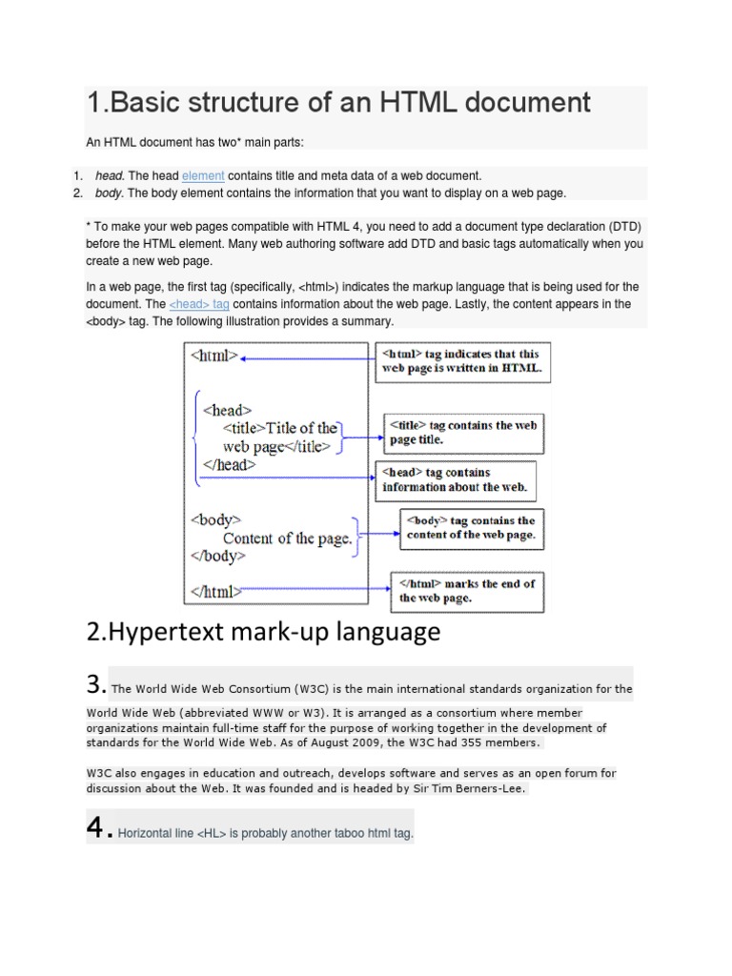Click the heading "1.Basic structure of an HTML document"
click(338, 102)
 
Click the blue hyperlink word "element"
click(203, 176)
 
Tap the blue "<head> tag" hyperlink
click(199, 304)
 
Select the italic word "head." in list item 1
click(110, 176)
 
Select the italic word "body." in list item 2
click(110, 193)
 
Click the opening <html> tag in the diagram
click(214, 357)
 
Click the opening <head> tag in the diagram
click(227, 410)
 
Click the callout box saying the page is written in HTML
click(461, 361)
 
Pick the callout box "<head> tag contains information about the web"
click(455, 480)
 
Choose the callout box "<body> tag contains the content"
click(471, 528)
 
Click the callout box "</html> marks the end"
click(467, 591)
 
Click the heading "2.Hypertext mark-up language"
click(264, 632)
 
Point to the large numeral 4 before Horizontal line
click(95, 828)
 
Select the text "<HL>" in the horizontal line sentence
click(213, 833)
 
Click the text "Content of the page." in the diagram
click(288, 539)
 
